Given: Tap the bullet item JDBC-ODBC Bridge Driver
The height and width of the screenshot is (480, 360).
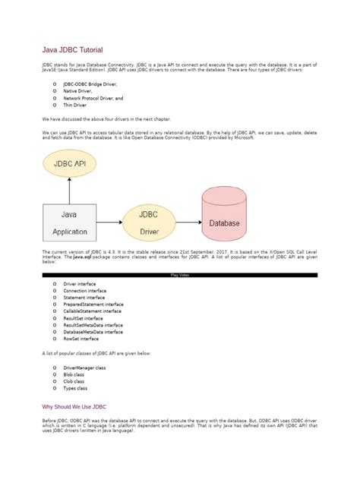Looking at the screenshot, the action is pos(90,84).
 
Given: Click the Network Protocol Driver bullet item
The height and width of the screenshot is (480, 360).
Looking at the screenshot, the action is pos(93,98).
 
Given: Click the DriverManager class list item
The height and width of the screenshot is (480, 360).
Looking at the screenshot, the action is pos(84,367).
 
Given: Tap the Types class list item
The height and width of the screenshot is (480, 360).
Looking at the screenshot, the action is pos(75,387).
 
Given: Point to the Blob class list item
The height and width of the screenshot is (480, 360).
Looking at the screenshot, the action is pos(74,374).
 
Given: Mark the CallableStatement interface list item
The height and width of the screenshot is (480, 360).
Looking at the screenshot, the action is pos(92,311).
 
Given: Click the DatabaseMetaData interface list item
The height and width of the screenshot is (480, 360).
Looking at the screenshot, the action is pos(93,332).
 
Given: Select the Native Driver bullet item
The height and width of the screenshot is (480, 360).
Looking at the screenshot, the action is pos(78,91).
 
